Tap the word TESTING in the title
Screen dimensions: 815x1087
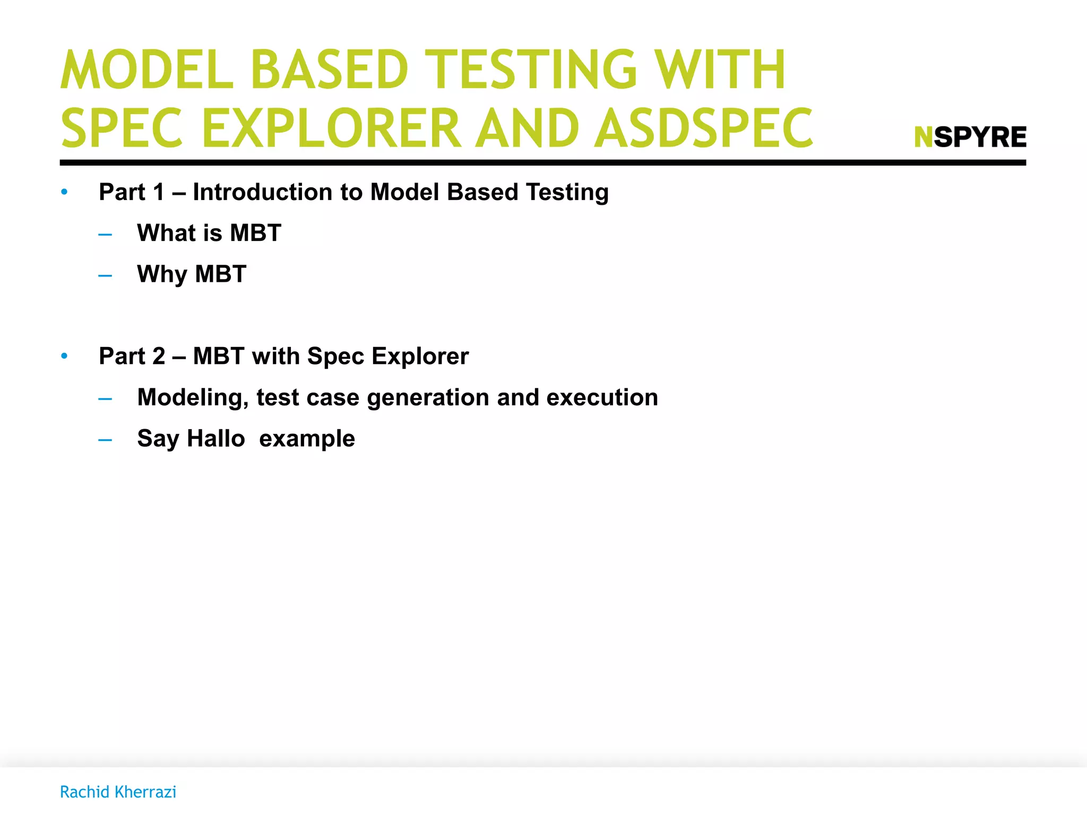[531, 70]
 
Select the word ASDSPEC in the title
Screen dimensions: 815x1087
[703, 128]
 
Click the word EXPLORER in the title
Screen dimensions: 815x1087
[332, 128]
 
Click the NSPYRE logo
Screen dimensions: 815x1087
[970, 137]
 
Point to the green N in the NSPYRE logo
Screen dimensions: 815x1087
[924, 137]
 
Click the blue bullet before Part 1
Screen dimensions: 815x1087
[64, 192]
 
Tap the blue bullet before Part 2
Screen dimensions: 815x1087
[64, 356]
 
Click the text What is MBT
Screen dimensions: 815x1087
[209, 233]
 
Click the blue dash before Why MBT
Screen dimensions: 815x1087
[105, 275]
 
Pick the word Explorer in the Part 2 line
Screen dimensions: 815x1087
[420, 356]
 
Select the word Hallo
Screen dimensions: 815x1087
[216, 438]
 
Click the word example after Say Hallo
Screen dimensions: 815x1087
[307, 439]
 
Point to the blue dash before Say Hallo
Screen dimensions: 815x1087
[105, 440]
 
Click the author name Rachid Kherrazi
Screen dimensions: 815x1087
[118, 792]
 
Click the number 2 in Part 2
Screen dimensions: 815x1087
[159, 356]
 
